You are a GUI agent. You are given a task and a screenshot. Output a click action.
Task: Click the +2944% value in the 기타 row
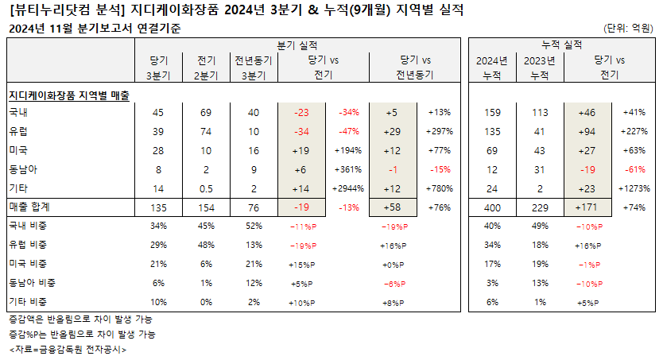pos(348,189)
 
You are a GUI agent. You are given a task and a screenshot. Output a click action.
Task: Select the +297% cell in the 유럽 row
pos(440,131)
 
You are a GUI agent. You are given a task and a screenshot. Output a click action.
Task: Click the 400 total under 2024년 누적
pos(492,208)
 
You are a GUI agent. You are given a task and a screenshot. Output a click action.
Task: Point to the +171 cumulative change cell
pos(587,207)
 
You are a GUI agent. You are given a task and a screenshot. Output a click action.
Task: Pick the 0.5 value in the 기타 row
pos(206,189)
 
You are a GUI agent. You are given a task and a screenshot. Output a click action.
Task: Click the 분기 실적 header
pos(297,45)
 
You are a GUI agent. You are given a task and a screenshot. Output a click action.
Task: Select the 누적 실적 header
pos(561,45)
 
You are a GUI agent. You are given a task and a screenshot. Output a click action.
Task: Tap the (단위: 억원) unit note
pos(628,29)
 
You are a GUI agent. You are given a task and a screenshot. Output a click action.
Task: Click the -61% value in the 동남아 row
pos(635,169)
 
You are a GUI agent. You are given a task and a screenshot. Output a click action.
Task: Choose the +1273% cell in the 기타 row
pos(634,188)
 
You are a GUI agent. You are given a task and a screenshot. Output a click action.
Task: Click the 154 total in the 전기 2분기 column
pos(206,208)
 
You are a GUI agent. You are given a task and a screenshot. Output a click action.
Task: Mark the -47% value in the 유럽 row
pos(349,131)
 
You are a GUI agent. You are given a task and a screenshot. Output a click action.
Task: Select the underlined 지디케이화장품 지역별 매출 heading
pos(69,95)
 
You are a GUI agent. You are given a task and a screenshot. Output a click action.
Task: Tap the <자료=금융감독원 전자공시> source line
pos(68,350)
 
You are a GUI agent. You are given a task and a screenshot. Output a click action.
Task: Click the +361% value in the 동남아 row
pos(348,169)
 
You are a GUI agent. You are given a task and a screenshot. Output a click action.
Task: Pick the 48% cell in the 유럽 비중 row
pos(206,245)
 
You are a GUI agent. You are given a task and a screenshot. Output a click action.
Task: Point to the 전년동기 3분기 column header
pos(254,68)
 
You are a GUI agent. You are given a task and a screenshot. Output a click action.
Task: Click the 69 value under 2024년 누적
pos(492,150)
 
